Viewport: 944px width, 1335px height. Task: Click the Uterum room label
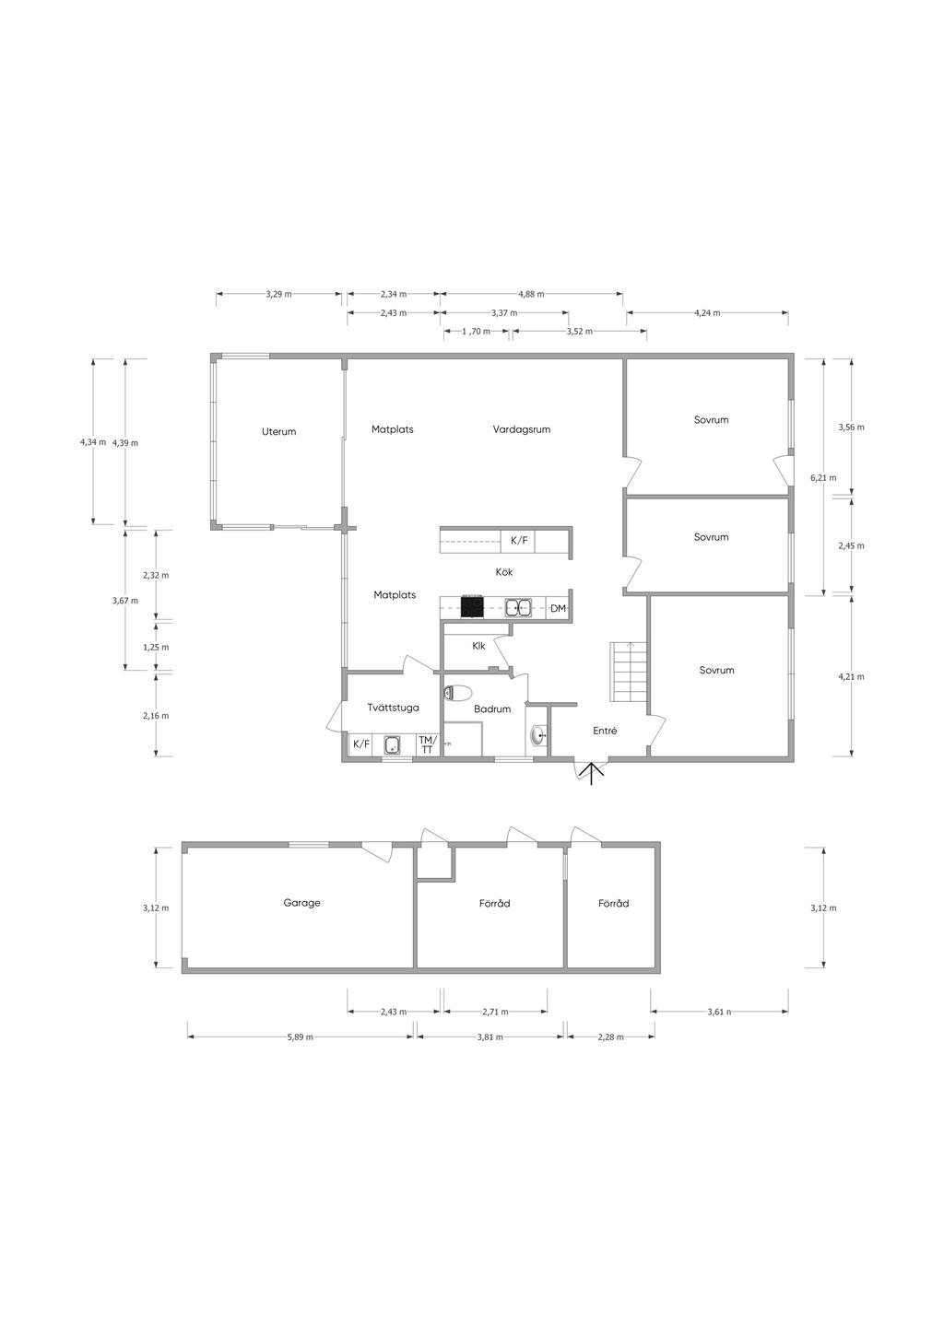(278, 431)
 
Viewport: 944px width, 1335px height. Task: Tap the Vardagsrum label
(521, 429)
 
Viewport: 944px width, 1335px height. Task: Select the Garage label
(301, 903)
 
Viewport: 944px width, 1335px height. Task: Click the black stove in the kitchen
(471, 607)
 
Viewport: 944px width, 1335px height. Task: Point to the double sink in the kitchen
(518, 608)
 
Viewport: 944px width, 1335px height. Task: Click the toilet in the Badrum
(457, 693)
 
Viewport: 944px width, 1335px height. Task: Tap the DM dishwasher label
(558, 608)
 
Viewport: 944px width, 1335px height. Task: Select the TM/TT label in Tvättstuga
(428, 744)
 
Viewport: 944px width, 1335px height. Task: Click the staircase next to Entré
(628, 672)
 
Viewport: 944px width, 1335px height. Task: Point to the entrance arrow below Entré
(591, 773)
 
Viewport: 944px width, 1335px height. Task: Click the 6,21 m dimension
(823, 477)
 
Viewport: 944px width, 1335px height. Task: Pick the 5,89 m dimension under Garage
(300, 1036)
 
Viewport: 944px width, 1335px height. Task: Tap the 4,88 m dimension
(531, 294)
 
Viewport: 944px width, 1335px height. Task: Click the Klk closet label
(478, 646)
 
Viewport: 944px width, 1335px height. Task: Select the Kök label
(504, 572)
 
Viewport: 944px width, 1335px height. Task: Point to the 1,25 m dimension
(156, 647)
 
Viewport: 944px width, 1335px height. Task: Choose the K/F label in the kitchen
(519, 541)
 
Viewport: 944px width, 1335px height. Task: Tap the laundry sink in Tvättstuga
(393, 745)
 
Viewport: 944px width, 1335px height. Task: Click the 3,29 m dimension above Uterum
(278, 294)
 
